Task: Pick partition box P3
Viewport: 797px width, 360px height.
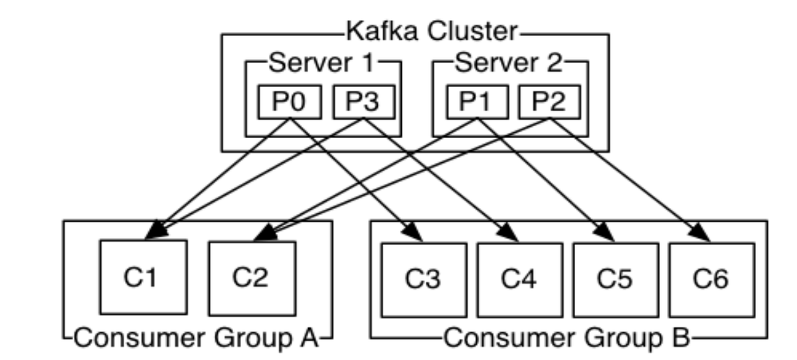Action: [x=362, y=102]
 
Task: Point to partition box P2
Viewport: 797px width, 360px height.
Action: [x=549, y=102]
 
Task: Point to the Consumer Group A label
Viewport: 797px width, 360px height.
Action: [x=197, y=338]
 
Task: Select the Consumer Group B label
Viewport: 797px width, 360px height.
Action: [x=567, y=338]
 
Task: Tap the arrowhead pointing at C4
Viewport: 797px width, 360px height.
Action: [x=511, y=233]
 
